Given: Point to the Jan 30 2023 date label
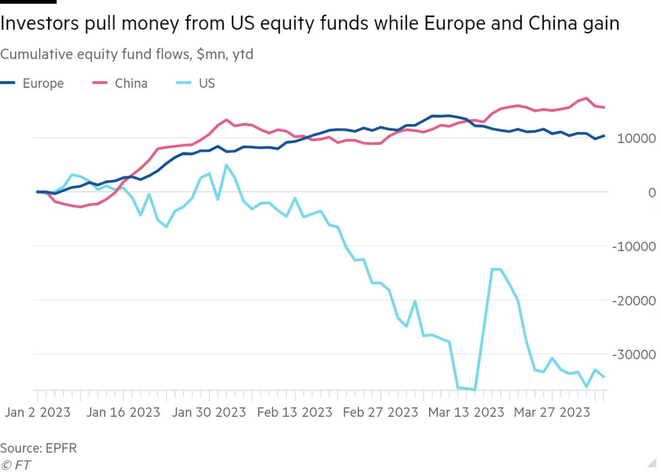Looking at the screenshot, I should coord(208,412).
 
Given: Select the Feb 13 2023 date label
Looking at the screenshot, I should coord(295,412).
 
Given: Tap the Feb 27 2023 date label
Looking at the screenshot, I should coord(381,412).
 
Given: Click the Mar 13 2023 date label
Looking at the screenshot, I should coord(467,412).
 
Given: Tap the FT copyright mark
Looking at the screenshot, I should coord(16,464).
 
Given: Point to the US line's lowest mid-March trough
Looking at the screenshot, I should coord(475,389).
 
